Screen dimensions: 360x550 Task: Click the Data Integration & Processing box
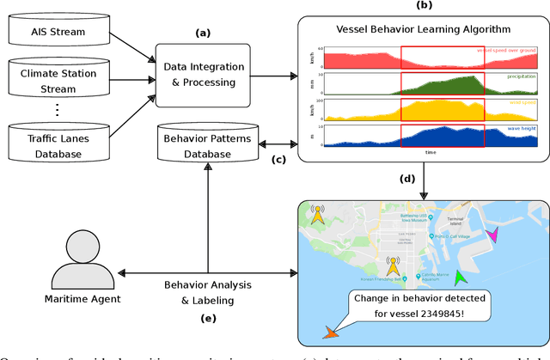[204, 75]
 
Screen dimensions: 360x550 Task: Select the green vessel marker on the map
[460, 277]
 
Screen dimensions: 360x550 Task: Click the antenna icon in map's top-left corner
[318, 215]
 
